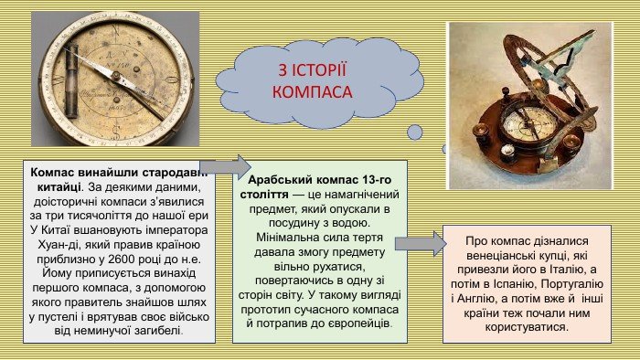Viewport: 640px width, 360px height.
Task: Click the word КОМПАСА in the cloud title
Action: [x=313, y=93]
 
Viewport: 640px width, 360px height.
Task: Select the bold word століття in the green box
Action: [x=263, y=196]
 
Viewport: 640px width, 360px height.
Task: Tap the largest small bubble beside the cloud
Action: [x=414, y=132]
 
